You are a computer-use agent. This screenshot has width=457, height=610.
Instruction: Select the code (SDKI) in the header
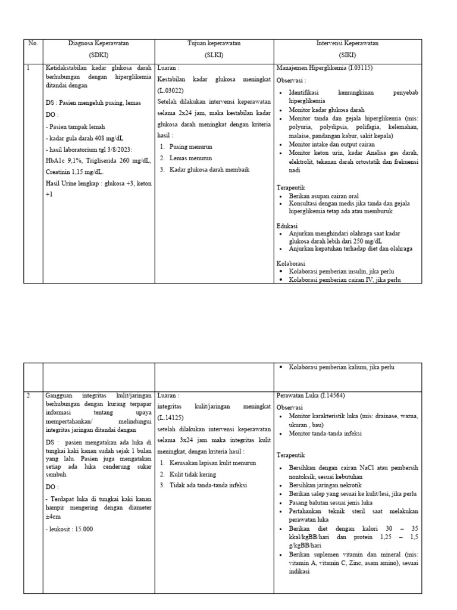tap(98, 54)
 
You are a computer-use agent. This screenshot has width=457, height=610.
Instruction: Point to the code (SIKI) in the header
tap(348, 54)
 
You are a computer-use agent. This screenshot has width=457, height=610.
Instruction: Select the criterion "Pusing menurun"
tap(190, 147)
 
